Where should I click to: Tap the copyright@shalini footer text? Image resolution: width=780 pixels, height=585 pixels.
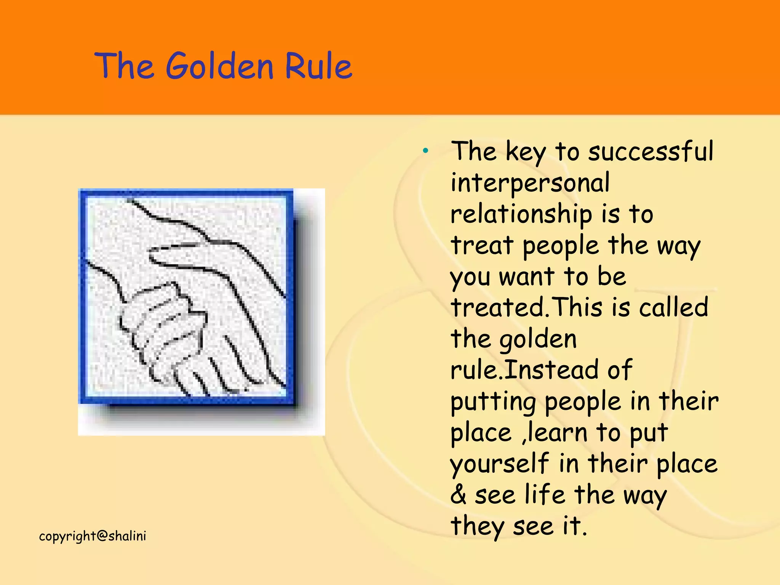pos(93,536)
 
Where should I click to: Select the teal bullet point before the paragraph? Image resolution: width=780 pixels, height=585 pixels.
pos(425,151)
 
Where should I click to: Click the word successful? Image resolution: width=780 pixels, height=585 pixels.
pos(651,151)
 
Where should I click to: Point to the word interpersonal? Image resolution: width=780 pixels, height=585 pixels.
pos(530,183)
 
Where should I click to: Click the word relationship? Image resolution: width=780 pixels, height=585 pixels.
pos(521,214)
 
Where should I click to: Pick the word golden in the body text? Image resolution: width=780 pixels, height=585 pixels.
pos(538,339)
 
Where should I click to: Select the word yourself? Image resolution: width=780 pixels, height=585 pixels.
pos(499,464)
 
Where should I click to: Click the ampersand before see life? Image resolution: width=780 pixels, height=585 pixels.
pos(458,495)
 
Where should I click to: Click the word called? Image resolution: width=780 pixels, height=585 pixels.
pos(673,308)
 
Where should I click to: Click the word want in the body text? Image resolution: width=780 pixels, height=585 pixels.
pos(527,277)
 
